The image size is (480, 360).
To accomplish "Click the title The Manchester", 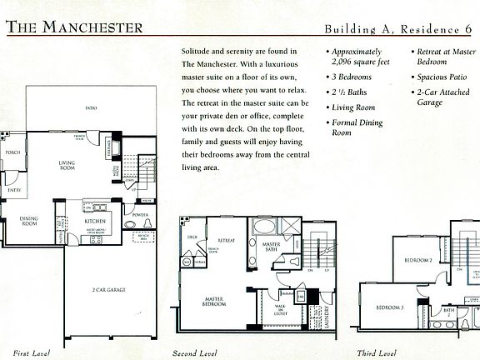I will [74, 27].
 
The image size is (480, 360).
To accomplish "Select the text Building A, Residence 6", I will [400, 27].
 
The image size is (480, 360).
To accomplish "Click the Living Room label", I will [67, 165].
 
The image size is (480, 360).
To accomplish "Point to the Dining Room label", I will [29, 222].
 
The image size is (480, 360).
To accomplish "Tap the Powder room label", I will [141, 214].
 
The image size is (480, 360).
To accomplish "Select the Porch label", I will [12, 152].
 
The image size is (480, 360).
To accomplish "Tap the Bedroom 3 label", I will [390, 307].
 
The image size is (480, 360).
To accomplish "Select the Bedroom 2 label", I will [418, 260].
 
